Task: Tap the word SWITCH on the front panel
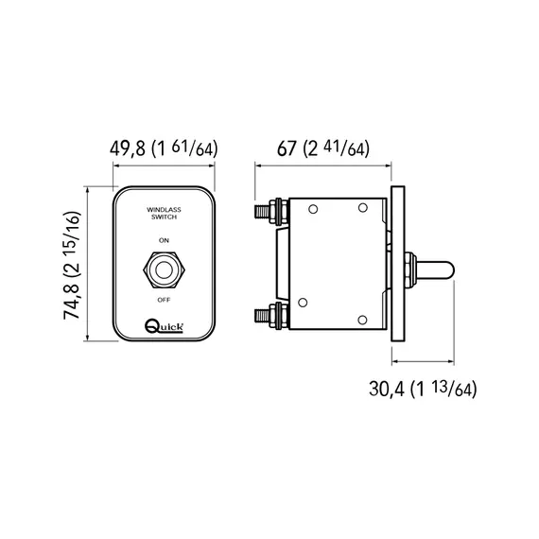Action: [x=164, y=217]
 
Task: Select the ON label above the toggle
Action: [x=164, y=241]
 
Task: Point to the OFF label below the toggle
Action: [x=164, y=299]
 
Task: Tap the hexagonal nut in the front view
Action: [x=164, y=269]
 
